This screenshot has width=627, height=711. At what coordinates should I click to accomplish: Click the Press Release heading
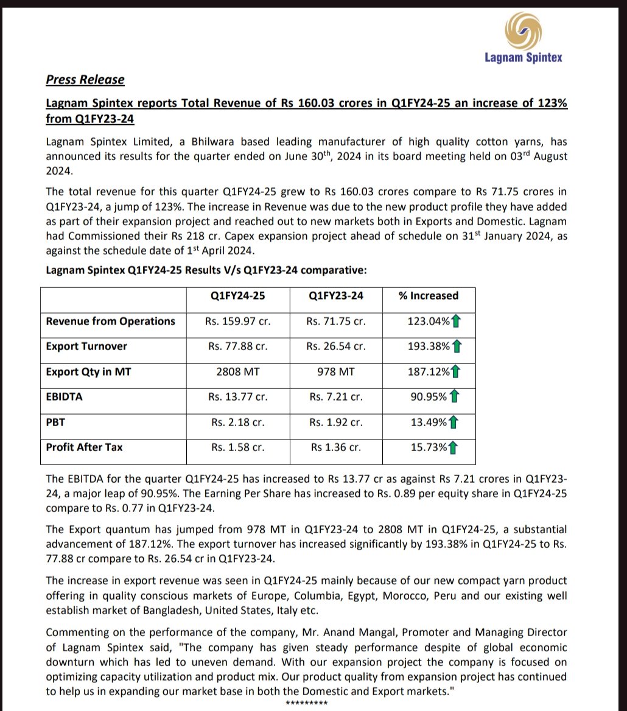click(85, 80)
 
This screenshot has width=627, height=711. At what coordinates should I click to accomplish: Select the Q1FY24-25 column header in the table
click(238, 296)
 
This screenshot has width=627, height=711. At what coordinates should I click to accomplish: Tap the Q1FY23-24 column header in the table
click(336, 296)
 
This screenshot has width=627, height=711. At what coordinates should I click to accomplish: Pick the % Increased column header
click(429, 296)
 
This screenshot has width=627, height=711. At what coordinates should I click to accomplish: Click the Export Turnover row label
click(88, 346)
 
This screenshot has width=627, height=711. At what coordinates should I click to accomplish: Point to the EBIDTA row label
click(65, 396)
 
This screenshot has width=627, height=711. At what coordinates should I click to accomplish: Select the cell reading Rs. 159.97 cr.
click(238, 321)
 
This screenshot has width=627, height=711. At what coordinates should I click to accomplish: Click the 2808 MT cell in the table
click(238, 371)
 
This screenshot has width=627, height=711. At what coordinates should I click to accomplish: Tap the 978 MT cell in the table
click(336, 371)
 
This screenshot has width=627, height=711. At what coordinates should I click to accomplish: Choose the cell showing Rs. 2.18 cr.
click(238, 422)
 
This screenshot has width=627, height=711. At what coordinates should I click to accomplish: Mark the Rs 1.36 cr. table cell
click(336, 447)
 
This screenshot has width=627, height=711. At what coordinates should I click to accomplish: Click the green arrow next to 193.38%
click(457, 346)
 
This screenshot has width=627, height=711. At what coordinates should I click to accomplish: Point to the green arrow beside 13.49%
click(454, 422)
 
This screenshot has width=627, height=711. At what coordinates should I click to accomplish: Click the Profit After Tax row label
click(84, 447)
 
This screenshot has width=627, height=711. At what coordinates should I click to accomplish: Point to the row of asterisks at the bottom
click(307, 704)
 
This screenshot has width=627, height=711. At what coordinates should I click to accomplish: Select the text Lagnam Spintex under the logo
click(523, 58)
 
